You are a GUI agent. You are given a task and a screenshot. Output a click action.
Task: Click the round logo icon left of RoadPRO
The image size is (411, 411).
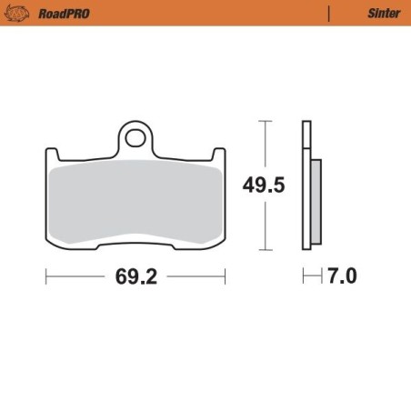pyautogui.click(x=20, y=14)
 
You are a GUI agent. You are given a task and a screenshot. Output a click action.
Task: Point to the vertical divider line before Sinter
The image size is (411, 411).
pyautogui.click(x=328, y=14)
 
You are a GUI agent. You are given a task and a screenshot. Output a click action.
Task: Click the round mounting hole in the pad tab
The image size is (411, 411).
pyautogui.click(x=136, y=139)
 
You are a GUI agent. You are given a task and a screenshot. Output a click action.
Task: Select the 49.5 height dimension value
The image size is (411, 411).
pyautogui.click(x=264, y=185)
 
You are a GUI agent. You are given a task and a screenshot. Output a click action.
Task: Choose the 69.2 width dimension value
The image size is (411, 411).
pyautogui.click(x=135, y=276)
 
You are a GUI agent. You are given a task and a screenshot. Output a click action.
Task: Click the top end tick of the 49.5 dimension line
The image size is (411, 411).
pyautogui.click(x=264, y=121)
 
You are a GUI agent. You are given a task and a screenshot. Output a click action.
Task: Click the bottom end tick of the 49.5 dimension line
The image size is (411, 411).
pyautogui.click(x=264, y=251)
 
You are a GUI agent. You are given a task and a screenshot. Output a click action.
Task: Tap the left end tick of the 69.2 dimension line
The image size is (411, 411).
pyautogui.click(x=46, y=276)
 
